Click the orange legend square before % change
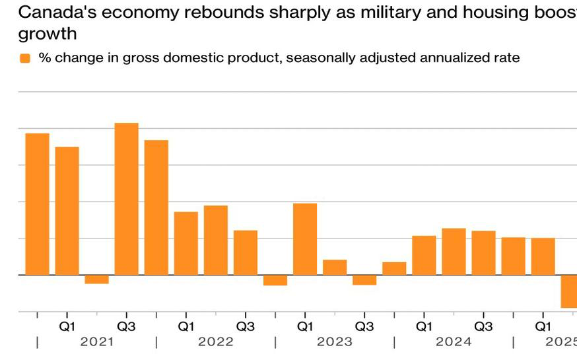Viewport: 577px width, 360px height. point(25,58)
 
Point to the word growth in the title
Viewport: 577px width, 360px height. point(48,33)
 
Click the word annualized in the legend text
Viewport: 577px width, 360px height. point(418,58)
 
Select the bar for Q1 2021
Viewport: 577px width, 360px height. point(67,210)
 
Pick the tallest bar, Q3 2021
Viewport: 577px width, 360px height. point(126,198)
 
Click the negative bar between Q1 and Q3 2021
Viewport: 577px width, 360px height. point(96,279)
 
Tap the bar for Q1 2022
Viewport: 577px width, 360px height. point(186,242)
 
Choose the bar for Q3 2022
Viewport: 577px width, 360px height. point(245,252)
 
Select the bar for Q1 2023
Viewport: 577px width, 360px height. point(304,238)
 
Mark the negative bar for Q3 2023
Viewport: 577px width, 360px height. point(364,279)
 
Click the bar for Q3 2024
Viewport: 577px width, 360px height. point(483,252)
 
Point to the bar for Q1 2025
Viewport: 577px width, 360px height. point(543,256)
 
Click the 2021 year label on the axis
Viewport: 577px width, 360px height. point(96,342)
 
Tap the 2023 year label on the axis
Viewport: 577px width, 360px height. point(334,342)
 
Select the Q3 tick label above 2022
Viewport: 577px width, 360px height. point(245,326)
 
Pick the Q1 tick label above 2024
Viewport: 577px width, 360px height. point(423,326)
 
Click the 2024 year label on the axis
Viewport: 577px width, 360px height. point(453,342)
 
